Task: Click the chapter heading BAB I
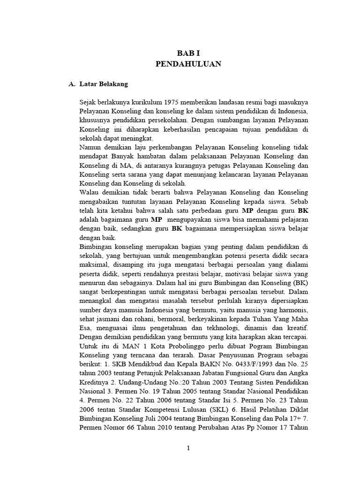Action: pyautogui.click(x=188, y=54)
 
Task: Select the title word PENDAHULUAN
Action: pyautogui.click(x=188, y=65)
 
